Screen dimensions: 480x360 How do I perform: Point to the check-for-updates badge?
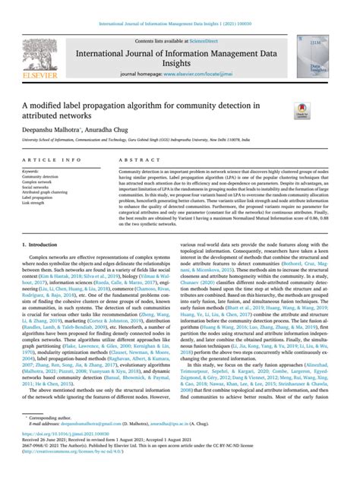(x=322, y=110)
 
